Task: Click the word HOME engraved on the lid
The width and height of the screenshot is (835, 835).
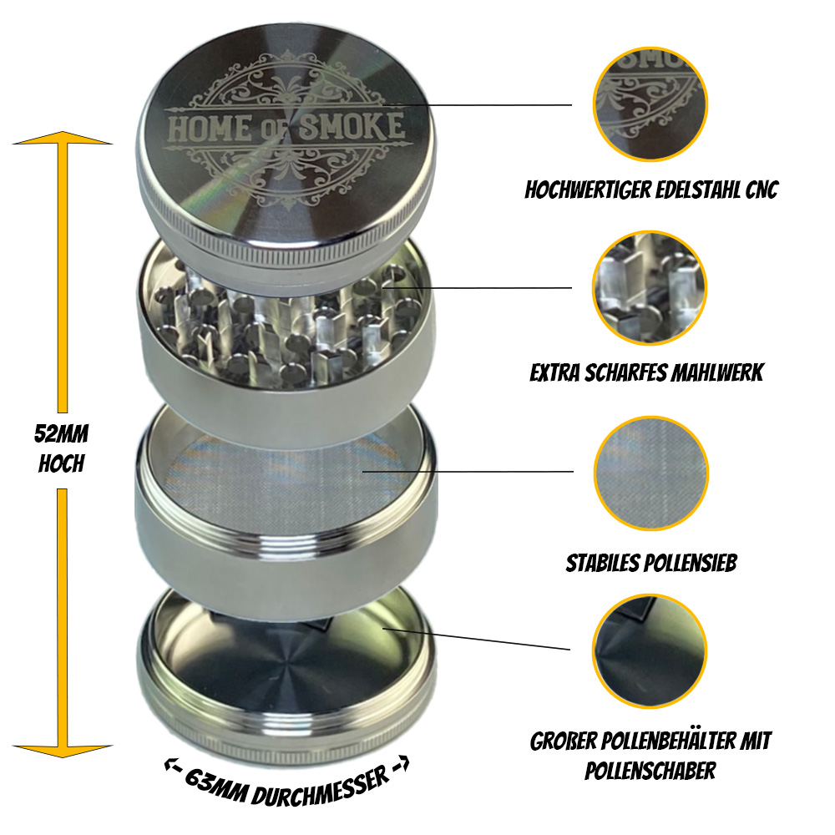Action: (x=206, y=129)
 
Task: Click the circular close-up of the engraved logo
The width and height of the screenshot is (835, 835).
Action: (x=650, y=104)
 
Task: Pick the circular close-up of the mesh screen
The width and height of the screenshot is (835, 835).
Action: (x=650, y=472)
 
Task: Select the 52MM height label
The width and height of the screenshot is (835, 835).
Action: (x=61, y=435)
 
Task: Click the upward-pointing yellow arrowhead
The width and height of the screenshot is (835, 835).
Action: (x=62, y=139)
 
